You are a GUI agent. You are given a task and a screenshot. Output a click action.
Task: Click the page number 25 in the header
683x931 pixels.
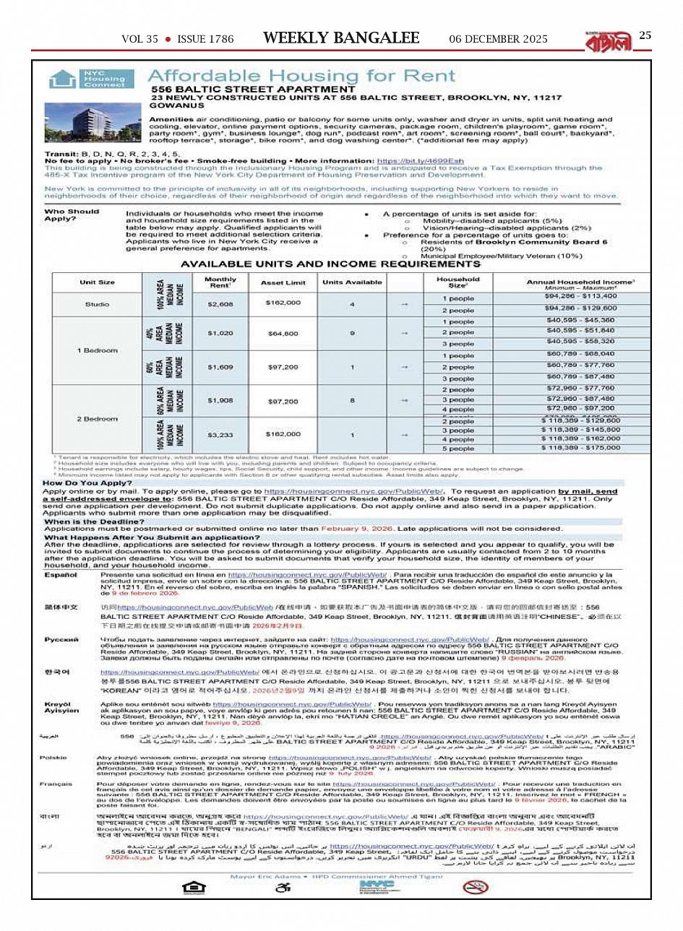(645, 35)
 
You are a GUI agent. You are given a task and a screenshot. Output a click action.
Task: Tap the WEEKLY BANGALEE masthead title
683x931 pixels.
(341, 38)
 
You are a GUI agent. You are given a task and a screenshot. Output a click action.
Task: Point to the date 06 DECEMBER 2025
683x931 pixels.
(498, 39)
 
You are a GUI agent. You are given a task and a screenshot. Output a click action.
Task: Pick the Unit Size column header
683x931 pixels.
(97, 282)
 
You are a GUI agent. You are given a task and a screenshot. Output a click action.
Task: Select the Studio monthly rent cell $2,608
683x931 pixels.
(220, 304)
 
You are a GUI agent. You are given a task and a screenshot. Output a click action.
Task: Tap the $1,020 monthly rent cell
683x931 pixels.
(220, 333)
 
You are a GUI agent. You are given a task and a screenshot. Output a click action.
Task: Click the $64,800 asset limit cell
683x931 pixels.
(283, 333)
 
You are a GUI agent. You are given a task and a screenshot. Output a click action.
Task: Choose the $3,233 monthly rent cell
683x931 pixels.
(220, 435)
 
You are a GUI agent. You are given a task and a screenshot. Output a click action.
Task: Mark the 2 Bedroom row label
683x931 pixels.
(97, 419)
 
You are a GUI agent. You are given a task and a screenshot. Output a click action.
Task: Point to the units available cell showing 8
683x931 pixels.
(352, 400)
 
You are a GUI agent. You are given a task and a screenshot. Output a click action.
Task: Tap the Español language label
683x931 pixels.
(61, 576)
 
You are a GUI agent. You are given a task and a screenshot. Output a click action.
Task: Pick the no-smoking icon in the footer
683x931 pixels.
(475, 887)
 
